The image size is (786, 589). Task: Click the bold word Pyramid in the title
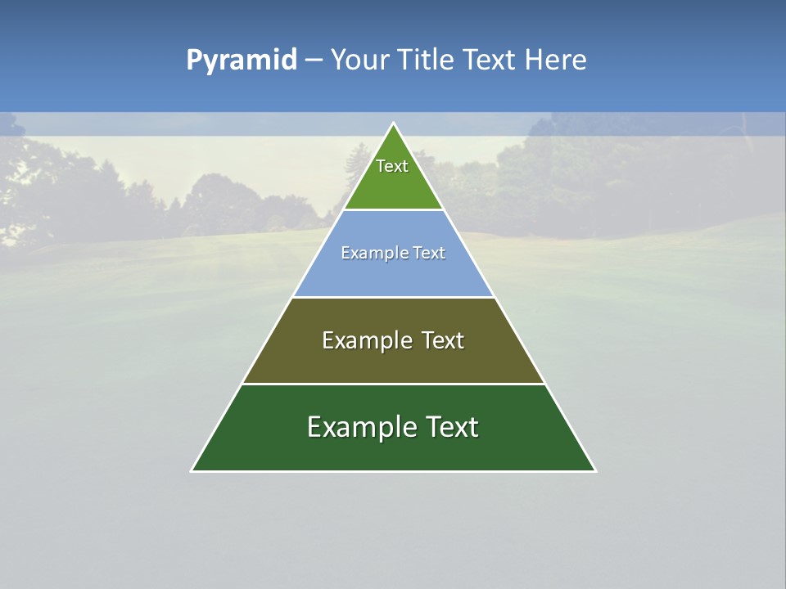(241, 61)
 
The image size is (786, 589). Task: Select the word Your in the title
(360, 60)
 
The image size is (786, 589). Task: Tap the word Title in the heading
(426, 60)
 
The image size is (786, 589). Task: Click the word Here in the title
(555, 60)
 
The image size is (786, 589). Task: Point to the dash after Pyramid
(313, 61)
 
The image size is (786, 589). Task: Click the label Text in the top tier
(392, 166)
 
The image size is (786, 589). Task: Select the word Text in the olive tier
(443, 340)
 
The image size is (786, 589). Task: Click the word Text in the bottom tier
(449, 427)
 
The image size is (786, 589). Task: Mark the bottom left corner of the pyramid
(192, 470)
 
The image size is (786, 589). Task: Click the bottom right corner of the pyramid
(594, 470)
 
